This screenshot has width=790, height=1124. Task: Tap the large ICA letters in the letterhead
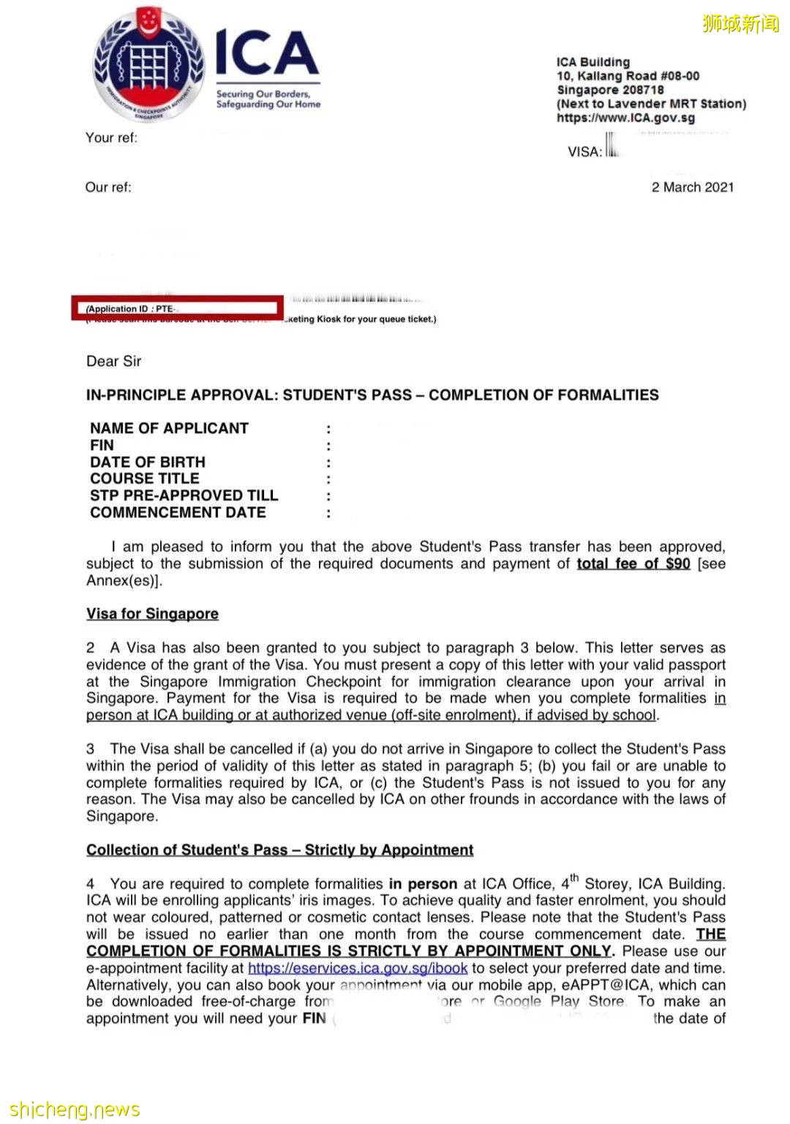click(x=266, y=53)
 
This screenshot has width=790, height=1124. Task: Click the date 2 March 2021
click(x=692, y=187)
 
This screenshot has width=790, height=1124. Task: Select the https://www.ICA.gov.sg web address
click(x=625, y=118)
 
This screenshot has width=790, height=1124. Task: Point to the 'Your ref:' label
click(x=111, y=138)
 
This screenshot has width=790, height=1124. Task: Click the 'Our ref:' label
click(x=108, y=187)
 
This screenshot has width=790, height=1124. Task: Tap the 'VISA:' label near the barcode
click(x=584, y=152)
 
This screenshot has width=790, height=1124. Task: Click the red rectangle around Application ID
click(x=177, y=308)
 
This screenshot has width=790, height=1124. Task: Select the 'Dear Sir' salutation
click(x=113, y=361)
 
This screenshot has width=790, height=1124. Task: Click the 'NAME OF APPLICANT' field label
click(x=169, y=428)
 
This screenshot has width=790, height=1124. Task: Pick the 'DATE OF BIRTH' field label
click(x=148, y=462)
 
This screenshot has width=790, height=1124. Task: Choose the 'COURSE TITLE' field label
click(x=145, y=479)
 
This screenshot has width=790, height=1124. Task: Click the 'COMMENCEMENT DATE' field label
click(x=178, y=513)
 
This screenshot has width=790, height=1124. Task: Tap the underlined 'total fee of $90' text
click(x=633, y=563)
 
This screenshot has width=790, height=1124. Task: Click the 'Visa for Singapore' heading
click(x=152, y=614)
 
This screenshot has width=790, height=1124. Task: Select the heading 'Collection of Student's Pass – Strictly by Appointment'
click(x=279, y=850)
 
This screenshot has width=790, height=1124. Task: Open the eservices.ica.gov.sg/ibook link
click(x=357, y=968)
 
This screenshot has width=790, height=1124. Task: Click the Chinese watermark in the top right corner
click(x=740, y=24)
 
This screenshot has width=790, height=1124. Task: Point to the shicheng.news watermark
click(x=75, y=1109)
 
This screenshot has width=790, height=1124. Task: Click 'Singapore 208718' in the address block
click(x=610, y=90)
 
